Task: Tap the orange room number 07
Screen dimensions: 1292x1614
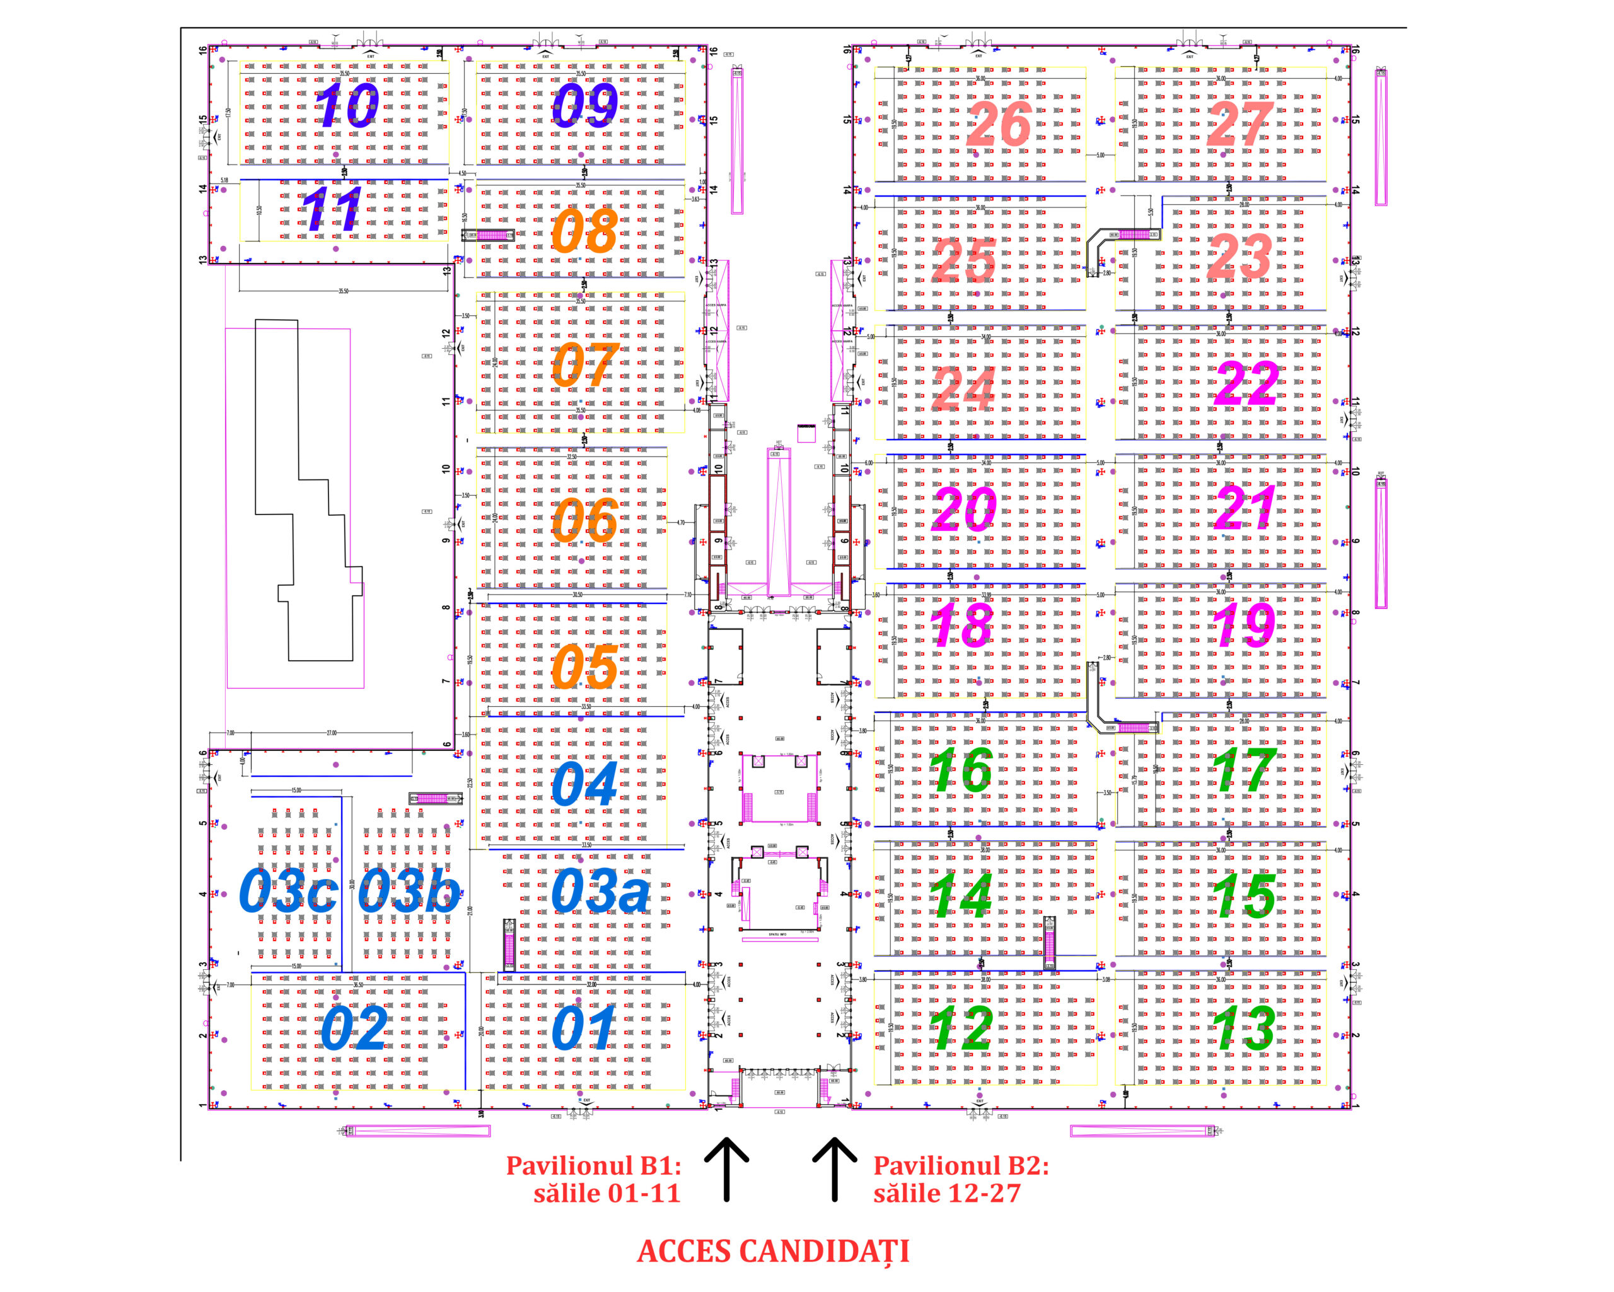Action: pyautogui.click(x=584, y=364)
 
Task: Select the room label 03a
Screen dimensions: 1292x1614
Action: pyautogui.click(x=600, y=892)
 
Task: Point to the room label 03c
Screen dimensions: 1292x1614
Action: pyautogui.click(x=287, y=892)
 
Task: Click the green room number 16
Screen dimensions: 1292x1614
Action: pyautogui.click(x=961, y=771)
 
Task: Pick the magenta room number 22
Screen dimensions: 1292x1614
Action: pyautogui.click(x=1246, y=384)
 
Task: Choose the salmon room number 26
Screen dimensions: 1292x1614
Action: pyautogui.click(x=999, y=124)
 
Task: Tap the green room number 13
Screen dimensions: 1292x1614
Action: pyautogui.click(x=1243, y=1028)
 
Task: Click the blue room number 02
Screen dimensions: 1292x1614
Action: pyautogui.click(x=354, y=1028)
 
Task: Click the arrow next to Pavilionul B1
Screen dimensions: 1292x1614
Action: pyautogui.click(x=726, y=1169)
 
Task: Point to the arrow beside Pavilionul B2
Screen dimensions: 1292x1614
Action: pyautogui.click(x=835, y=1169)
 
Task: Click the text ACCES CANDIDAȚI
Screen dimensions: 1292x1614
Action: pyautogui.click(x=774, y=1251)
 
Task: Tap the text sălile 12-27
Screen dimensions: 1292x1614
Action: pyautogui.click(x=947, y=1193)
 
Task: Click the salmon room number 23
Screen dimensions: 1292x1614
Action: pyautogui.click(x=1240, y=257)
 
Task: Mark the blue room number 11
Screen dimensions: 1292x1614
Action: pyautogui.click(x=332, y=209)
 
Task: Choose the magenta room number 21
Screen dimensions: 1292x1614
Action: pyautogui.click(x=1245, y=508)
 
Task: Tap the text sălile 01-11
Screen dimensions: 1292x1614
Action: pyautogui.click(x=607, y=1193)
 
